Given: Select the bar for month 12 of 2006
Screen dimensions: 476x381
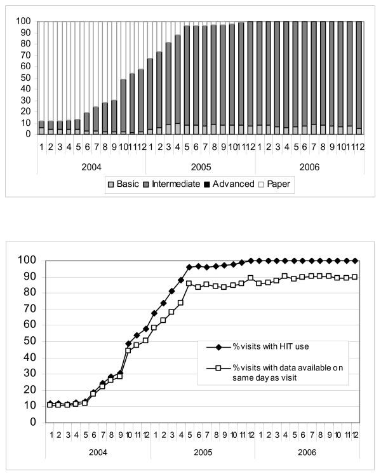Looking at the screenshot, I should pyautogui.click(x=359, y=78).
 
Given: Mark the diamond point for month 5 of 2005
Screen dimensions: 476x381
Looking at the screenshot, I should pyautogui.click(x=188, y=267).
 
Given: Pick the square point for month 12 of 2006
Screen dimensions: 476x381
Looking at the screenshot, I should pyautogui.click(x=354, y=276).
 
